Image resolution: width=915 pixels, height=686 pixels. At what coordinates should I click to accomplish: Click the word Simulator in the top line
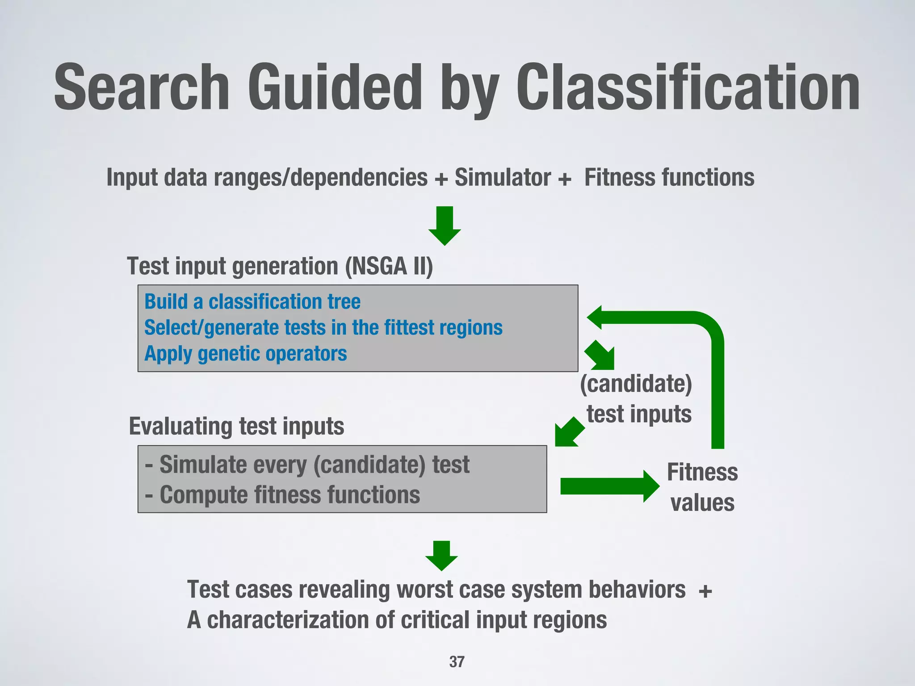coord(503,178)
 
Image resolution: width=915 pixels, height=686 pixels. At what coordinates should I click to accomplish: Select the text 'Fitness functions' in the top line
coord(669,178)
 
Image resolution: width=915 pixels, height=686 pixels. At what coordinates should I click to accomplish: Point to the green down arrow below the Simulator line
coord(445,226)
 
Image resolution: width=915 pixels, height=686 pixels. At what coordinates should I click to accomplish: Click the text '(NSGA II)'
coord(389,267)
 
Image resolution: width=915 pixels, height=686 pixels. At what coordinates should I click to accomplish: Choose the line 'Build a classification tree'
coord(252,301)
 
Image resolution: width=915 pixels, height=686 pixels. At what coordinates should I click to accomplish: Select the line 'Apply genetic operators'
coord(246,354)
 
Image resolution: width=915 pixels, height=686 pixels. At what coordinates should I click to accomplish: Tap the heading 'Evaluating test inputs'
coord(236,426)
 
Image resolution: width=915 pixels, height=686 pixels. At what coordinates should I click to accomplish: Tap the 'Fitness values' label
coord(702,487)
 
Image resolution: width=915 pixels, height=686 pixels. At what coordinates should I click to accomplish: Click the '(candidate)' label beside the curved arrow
coord(636,384)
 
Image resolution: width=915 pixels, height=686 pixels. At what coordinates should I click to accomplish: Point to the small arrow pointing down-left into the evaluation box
coord(568,432)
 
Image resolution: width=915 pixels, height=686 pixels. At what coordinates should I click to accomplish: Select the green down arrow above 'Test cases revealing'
coord(441,555)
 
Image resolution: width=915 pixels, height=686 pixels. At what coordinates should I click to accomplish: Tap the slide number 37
coord(457,662)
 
